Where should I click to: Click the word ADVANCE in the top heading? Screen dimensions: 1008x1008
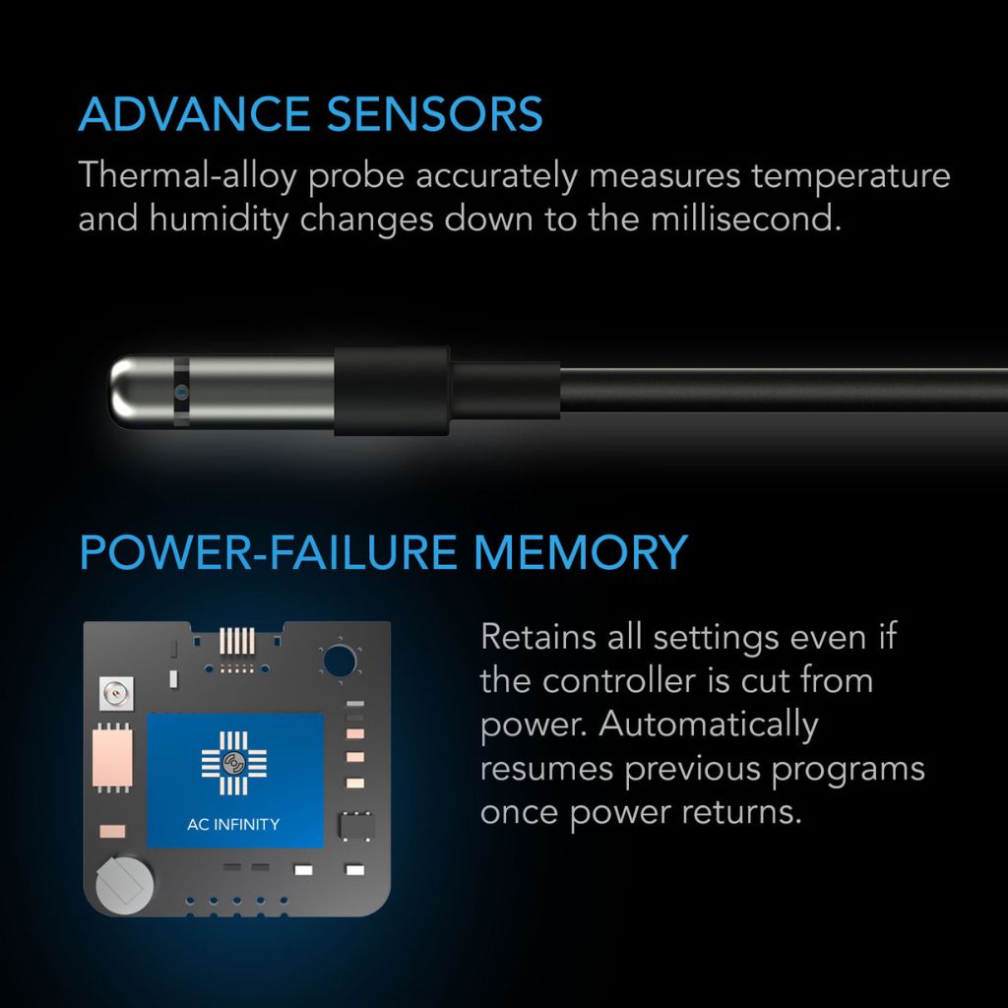pyautogui.click(x=195, y=114)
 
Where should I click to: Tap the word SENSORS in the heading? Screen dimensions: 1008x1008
pyautogui.click(x=434, y=114)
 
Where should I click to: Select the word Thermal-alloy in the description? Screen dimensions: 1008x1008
pyautogui.click(x=187, y=175)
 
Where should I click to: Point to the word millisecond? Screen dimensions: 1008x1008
pyautogui.click(x=746, y=219)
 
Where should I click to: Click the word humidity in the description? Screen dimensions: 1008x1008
pyautogui.click(x=220, y=220)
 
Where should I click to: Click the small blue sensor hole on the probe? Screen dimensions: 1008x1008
pyautogui.click(x=181, y=391)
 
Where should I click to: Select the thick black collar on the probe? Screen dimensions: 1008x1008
pyautogui.click(x=392, y=391)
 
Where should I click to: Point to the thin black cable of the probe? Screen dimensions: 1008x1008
pyautogui.click(x=784, y=390)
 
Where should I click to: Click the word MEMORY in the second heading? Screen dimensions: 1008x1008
pyautogui.click(x=581, y=552)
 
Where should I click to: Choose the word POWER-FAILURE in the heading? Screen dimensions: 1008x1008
pyautogui.click(x=268, y=552)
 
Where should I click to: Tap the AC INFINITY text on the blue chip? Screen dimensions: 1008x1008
pyautogui.click(x=233, y=824)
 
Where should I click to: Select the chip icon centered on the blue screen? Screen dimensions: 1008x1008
pyautogui.click(x=234, y=763)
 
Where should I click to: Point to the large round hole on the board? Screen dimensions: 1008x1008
pyautogui.click(x=340, y=661)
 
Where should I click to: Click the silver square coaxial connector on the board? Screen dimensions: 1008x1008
pyautogui.click(x=116, y=694)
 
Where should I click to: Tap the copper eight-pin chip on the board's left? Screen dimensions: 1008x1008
pyautogui.click(x=112, y=758)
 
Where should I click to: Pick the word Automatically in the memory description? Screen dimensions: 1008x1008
pyautogui.click(x=709, y=724)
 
